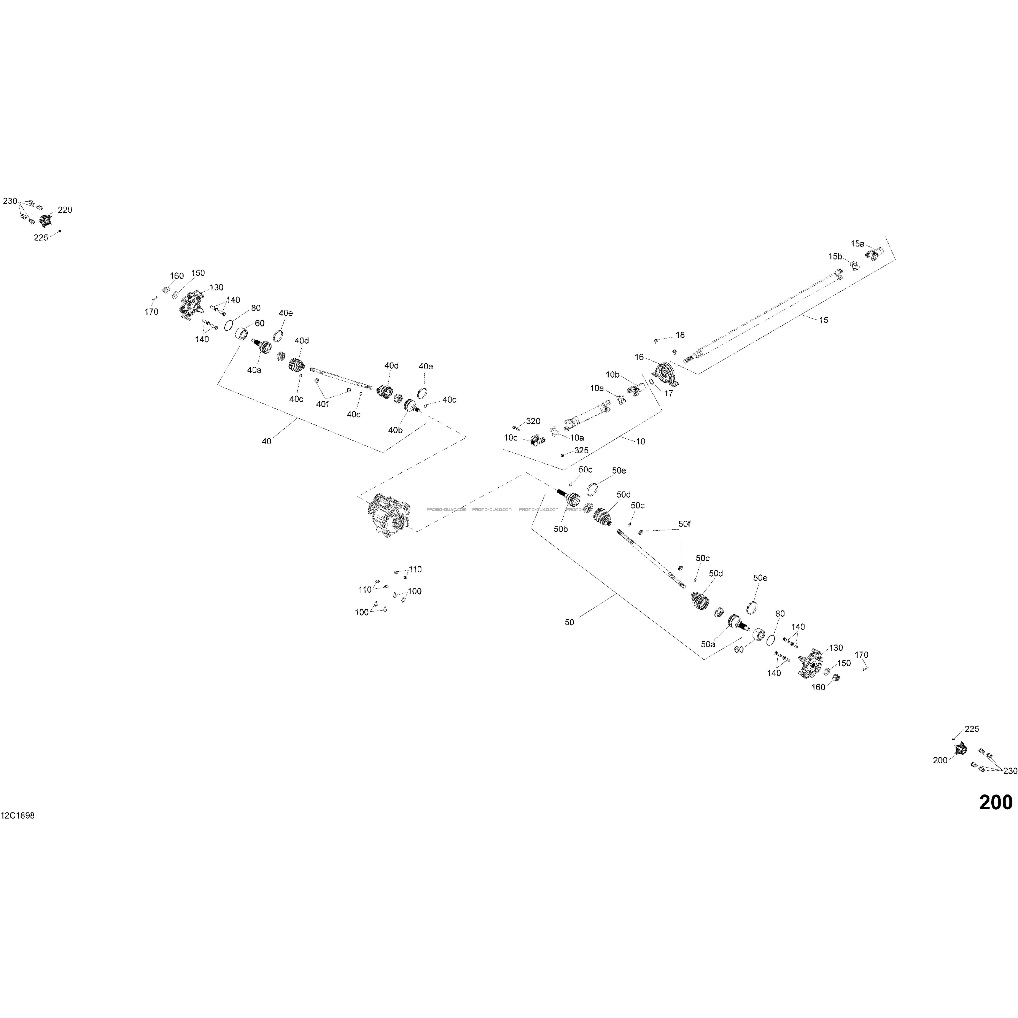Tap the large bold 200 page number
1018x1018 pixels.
point(995,802)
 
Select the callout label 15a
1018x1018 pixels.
point(857,244)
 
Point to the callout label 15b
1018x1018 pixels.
point(835,257)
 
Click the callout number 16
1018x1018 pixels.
point(639,357)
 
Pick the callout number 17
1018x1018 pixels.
point(668,393)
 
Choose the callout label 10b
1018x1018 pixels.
point(612,375)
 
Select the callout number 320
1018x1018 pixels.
point(533,422)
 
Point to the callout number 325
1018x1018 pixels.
point(582,450)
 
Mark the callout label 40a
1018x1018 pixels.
point(255,370)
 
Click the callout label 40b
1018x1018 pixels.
point(395,430)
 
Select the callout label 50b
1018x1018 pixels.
point(561,529)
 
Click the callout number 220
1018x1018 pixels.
point(65,210)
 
